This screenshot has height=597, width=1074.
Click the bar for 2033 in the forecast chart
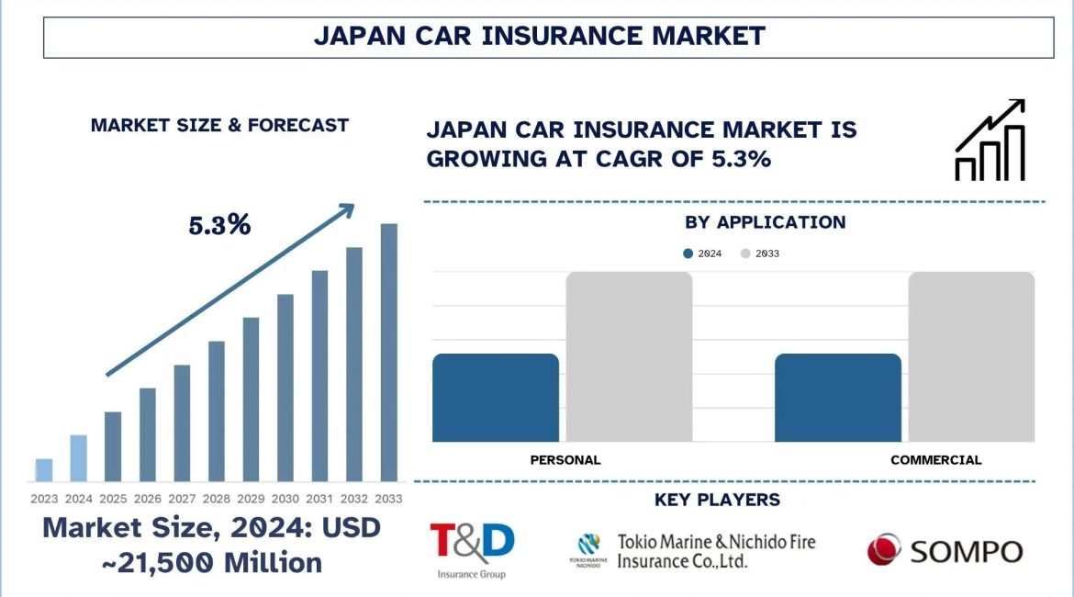click(389, 353)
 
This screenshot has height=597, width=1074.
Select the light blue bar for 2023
click(44, 470)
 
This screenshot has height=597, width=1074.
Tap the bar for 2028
click(217, 411)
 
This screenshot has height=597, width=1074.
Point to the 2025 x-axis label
click(113, 499)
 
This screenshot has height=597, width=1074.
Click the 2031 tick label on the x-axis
click(319, 499)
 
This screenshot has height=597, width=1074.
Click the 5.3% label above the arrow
click(219, 225)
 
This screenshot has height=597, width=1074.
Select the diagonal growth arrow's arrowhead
click(345, 211)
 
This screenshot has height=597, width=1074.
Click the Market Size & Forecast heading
click(219, 125)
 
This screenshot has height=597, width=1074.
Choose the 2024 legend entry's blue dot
click(688, 253)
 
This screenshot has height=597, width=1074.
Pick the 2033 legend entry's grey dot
click(745, 253)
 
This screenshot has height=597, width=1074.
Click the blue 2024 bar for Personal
click(495, 397)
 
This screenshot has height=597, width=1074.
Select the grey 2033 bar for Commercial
click(971, 356)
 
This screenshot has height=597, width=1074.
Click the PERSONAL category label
click(565, 459)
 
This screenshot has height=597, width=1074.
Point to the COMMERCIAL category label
click(935, 459)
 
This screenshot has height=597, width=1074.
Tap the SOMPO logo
click(945, 551)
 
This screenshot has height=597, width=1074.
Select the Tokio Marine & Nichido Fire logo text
click(716, 551)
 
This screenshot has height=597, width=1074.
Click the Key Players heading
click(717, 500)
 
